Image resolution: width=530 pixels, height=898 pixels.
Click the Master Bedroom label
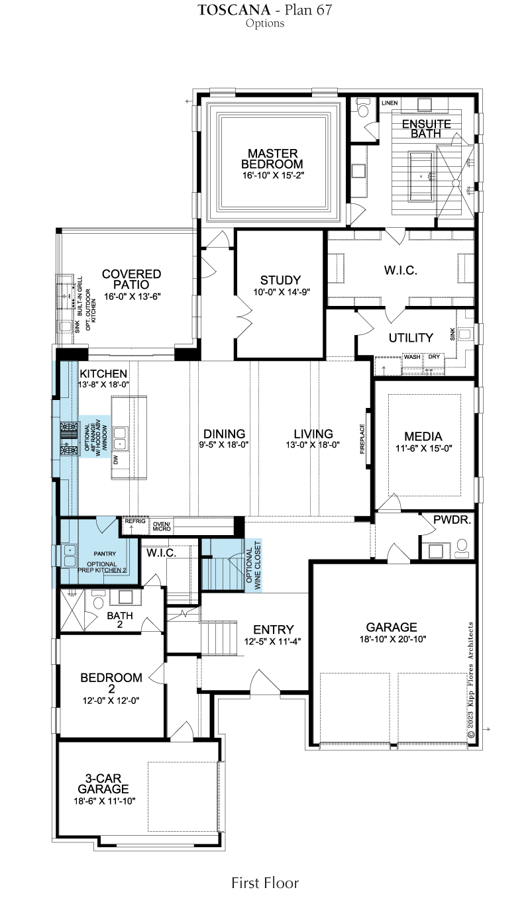[272, 159]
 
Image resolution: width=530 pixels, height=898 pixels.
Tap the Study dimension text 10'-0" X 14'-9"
[282, 292]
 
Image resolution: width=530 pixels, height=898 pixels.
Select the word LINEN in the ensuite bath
[390, 103]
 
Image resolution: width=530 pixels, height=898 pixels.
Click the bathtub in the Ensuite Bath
[422, 176]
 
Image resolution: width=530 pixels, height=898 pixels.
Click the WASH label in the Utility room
[412, 357]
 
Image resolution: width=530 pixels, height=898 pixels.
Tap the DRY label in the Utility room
[434, 356]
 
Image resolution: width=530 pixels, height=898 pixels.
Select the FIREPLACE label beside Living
[362, 439]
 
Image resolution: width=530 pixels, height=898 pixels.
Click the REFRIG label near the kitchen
[134, 521]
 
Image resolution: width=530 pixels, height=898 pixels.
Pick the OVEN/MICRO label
[162, 526]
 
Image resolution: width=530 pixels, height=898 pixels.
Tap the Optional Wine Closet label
[253, 566]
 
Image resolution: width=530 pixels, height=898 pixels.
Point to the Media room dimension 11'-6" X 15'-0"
[424, 448]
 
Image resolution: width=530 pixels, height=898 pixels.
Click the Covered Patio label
[131, 279]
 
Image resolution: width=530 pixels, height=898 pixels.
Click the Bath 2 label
[120, 619]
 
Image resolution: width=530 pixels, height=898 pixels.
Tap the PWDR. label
[452, 520]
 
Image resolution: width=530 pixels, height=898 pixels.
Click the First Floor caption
[265, 883]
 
